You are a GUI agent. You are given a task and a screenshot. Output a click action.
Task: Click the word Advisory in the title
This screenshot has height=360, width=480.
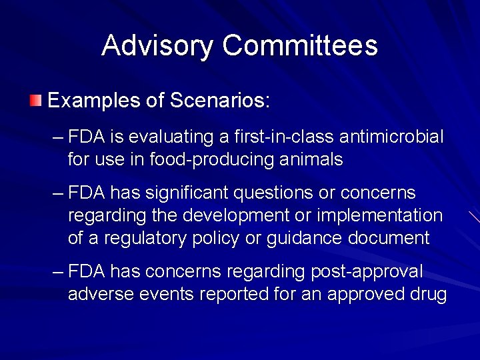158,45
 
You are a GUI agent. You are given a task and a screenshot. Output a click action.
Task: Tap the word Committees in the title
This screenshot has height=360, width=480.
300,45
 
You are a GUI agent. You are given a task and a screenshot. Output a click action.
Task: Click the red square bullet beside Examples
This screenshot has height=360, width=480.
35,101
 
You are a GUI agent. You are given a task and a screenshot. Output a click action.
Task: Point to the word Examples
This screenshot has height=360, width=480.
91,101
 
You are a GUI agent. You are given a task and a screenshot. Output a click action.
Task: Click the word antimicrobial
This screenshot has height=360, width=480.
391,137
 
